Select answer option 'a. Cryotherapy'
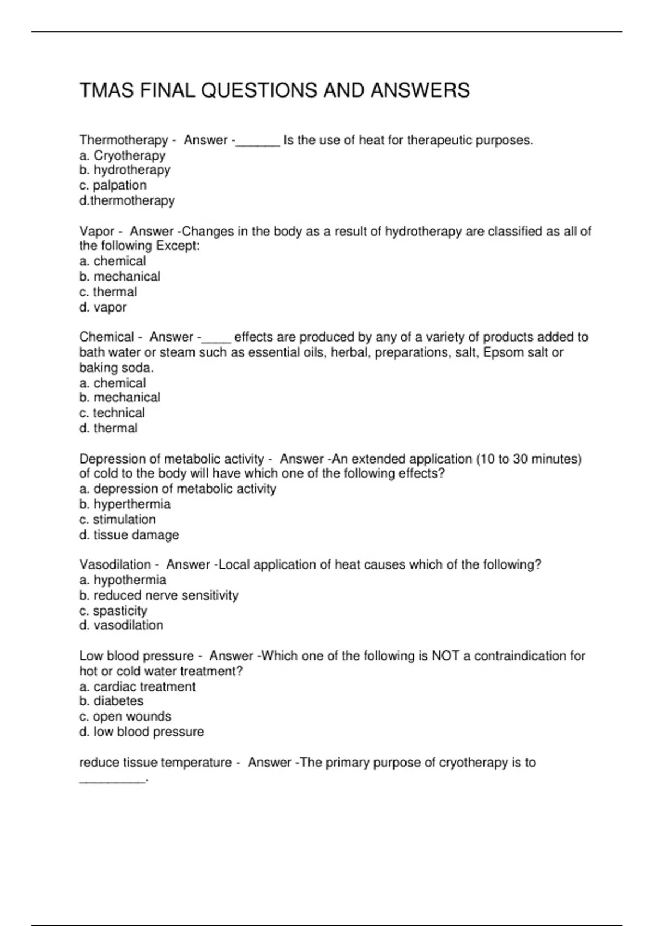[x=122, y=156]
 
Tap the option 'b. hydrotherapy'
[x=125, y=170]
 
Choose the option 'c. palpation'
[x=113, y=186]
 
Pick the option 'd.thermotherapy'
[x=127, y=201]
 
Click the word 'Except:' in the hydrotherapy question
[x=178, y=246]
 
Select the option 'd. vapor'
[x=103, y=308]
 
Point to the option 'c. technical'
[x=112, y=413]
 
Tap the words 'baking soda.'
[x=117, y=368]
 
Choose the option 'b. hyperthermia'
[x=125, y=504]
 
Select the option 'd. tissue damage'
[x=129, y=535]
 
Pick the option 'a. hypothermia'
[x=123, y=580]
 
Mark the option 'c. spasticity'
[x=113, y=611]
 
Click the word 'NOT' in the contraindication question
[x=445, y=656]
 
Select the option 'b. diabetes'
[x=111, y=702]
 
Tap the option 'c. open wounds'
[x=125, y=717]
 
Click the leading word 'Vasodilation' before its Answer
[x=115, y=565]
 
